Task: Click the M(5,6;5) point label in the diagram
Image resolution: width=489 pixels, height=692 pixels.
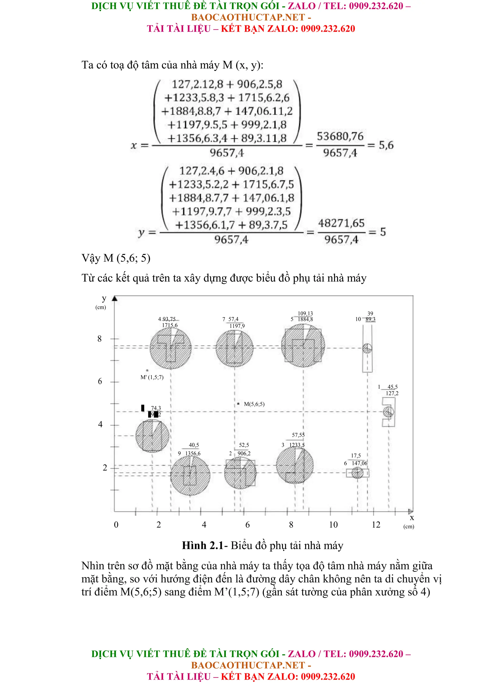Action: click(254, 404)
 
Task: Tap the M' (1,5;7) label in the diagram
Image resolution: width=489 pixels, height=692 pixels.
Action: click(152, 377)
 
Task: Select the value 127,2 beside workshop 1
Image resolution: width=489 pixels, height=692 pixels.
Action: click(392, 393)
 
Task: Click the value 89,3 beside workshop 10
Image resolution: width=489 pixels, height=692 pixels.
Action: click(370, 319)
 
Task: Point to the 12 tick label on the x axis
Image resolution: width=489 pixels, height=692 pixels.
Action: click(376, 525)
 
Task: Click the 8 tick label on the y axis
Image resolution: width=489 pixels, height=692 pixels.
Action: click(99, 339)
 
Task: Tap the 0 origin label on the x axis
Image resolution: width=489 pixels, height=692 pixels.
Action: click(116, 525)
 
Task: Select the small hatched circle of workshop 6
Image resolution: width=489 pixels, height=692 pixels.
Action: click(357, 473)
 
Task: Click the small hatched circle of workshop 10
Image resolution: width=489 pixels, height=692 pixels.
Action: click(367, 348)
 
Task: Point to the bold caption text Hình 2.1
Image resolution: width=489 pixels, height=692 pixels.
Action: click(202, 546)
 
